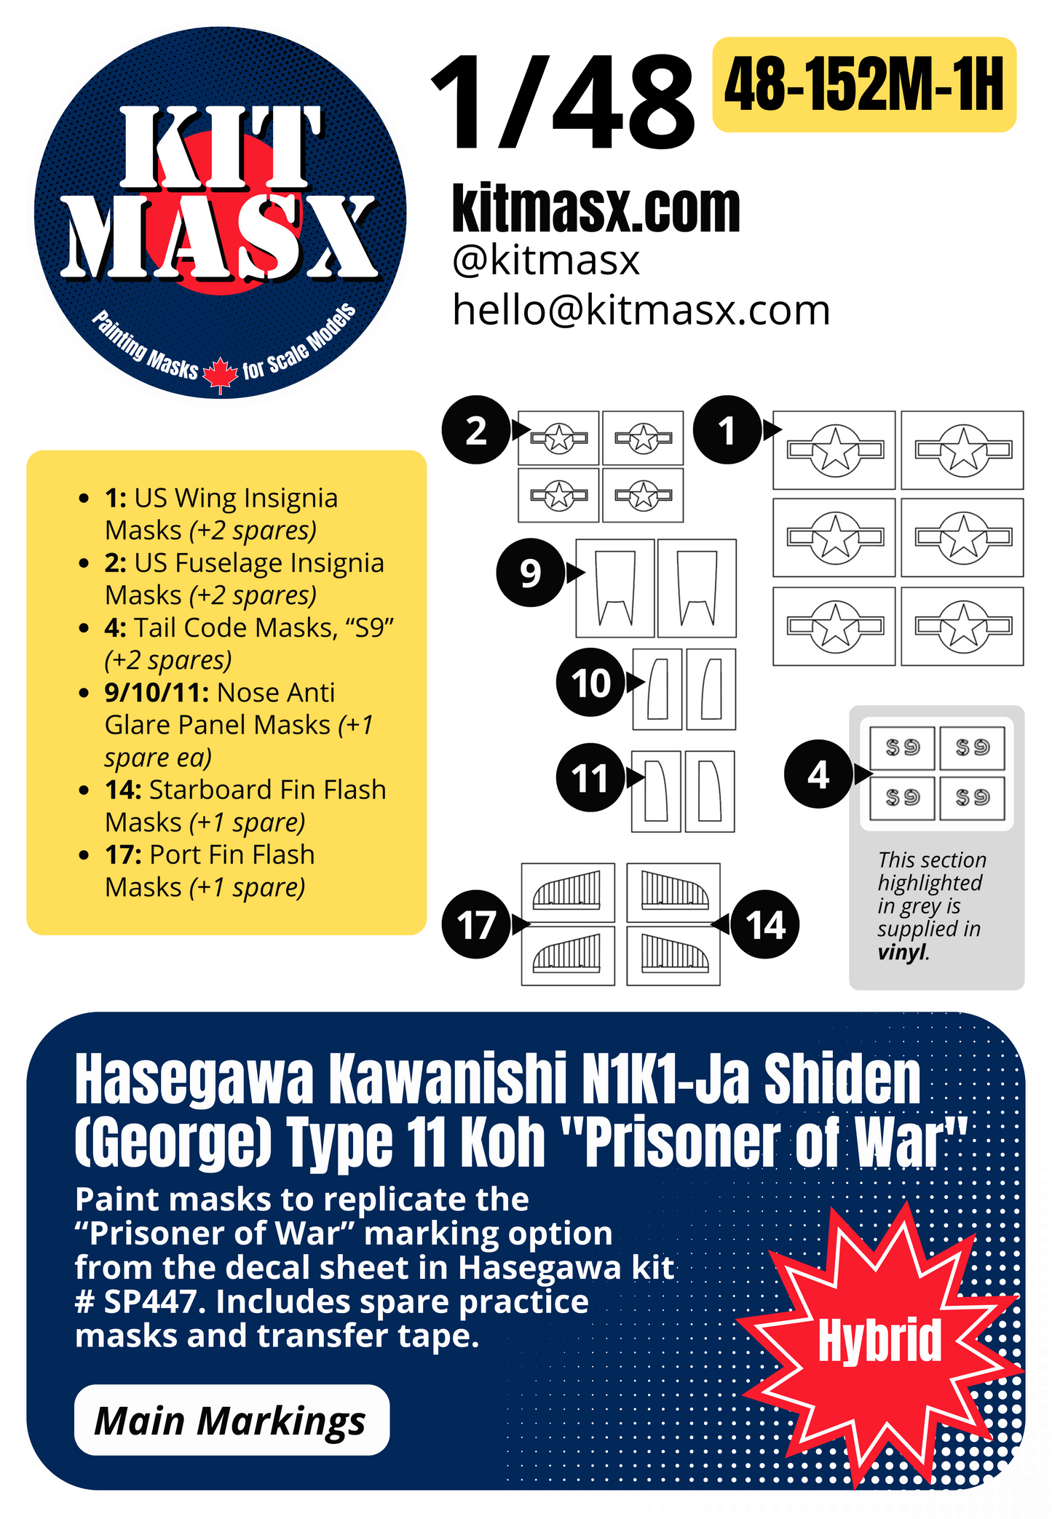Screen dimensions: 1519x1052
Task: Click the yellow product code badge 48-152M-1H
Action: (x=863, y=85)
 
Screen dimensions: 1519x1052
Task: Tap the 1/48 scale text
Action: (x=562, y=104)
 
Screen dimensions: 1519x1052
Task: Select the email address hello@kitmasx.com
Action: (x=641, y=310)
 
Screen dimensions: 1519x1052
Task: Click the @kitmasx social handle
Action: (x=545, y=260)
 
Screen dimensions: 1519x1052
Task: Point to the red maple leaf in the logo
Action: (x=220, y=374)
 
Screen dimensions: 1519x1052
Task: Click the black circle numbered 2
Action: (x=475, y=430)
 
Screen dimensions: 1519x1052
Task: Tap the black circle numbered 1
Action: (x=727, y=430)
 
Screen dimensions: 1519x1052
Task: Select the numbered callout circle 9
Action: (x=530, y=573)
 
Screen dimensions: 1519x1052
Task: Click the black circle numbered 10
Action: (x=590, y=683)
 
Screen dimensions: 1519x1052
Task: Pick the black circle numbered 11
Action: (x=590, y=777)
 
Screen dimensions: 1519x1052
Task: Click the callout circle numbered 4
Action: (x=818, y=774)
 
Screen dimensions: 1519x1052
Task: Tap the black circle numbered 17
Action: (x=475, y=924)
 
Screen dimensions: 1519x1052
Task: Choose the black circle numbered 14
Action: (x=765, y=924)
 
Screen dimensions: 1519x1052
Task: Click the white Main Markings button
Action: (x=232, y=1420)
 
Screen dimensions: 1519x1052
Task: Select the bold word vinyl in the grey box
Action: (x=901, y=952)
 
